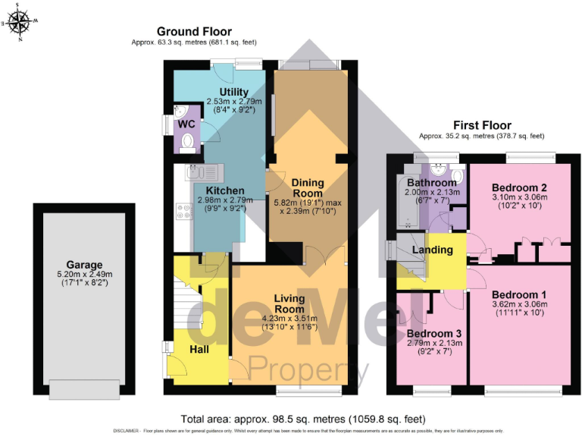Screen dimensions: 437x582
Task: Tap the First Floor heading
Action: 482,125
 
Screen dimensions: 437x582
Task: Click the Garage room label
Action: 84,266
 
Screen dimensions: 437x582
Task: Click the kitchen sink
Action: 201,171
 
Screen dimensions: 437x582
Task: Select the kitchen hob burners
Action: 183,209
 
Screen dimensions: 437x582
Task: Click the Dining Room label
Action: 308,187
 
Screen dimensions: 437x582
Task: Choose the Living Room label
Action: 289,303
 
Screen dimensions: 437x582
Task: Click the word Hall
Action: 199,349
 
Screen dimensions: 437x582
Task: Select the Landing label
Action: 433,250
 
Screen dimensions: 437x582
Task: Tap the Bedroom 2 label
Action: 519,187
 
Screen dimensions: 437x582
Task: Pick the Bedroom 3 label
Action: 433,333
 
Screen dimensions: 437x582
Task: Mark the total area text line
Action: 303,419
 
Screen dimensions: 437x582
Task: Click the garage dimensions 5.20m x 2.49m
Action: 84,275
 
